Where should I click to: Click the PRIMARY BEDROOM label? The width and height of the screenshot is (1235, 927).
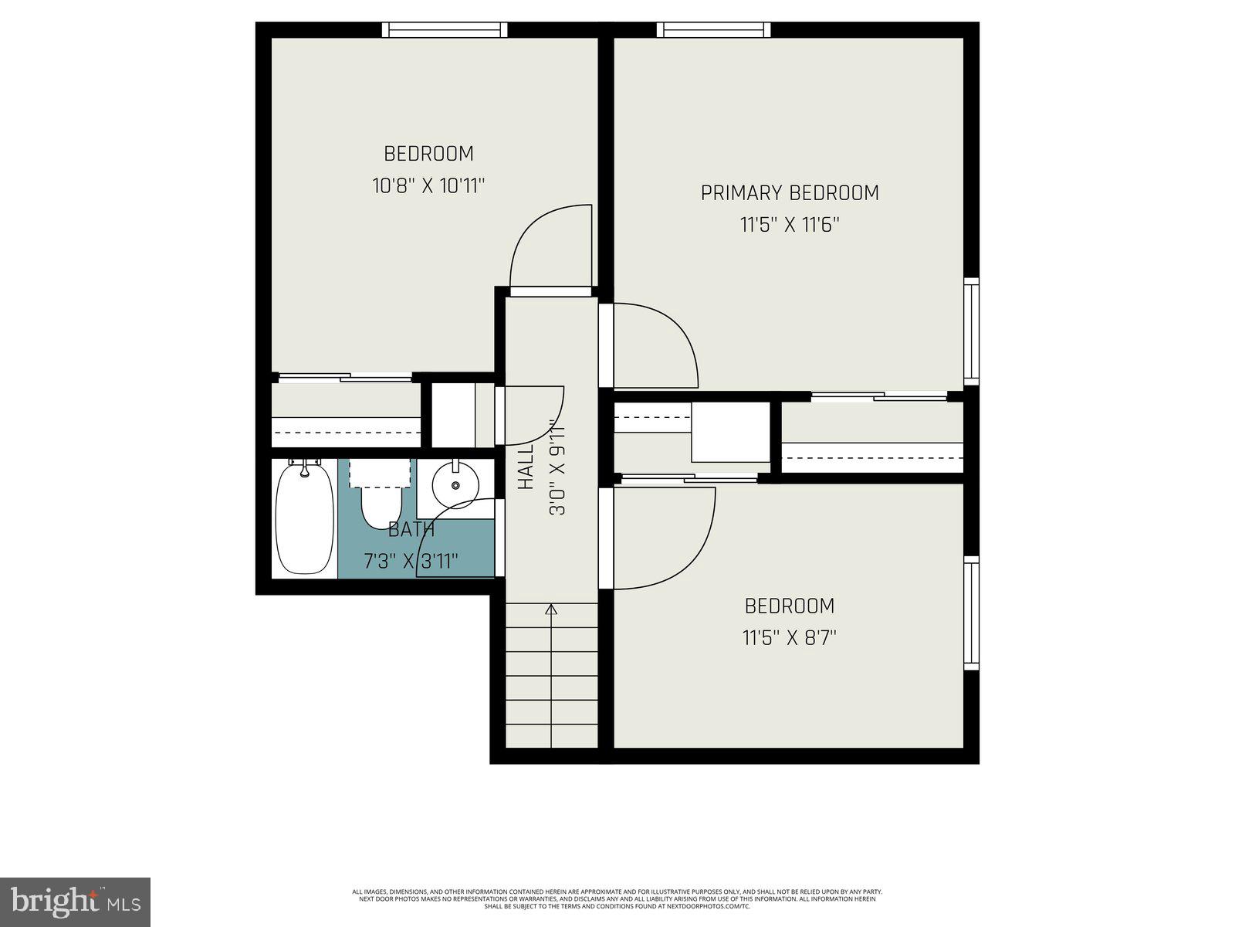(789, 192)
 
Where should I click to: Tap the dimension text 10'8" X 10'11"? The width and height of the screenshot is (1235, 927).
(429, 186)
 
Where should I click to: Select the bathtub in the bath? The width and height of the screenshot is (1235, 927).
(304, 517)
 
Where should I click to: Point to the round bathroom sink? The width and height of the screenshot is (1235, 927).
(455, 484)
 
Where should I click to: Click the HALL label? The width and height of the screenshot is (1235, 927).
(526, 467)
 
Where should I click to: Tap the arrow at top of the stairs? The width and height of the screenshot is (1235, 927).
(551, 610)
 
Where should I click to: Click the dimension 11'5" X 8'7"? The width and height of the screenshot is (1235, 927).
(789, 638)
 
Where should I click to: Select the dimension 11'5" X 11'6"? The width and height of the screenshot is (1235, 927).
(789, 226)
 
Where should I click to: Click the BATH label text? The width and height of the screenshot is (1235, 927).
(411, 530)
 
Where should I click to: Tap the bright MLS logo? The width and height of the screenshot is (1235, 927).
(75, 901)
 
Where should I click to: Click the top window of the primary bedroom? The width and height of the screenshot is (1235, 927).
(714, 30)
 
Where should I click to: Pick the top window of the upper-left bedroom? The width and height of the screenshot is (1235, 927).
(445, 30)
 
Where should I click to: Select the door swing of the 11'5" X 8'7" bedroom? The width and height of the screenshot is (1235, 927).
(664, 538)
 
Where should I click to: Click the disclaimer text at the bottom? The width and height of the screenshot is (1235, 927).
(617, 898)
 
